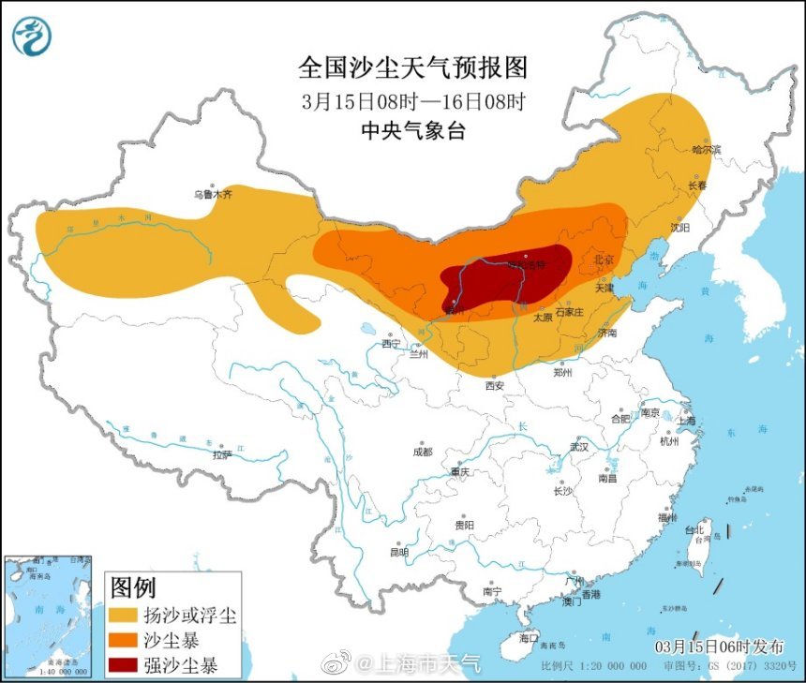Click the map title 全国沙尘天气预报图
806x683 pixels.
point(413,68)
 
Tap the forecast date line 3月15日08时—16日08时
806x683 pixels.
point(413,101)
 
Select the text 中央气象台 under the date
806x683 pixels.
point(413,132)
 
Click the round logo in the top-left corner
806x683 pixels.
point(32,35)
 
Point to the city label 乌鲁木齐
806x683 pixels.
point(212,195)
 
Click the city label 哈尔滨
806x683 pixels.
point(706,150)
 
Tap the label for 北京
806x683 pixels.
point(604,260)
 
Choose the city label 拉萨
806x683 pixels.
point(221,455)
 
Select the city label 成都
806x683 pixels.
point(423,452)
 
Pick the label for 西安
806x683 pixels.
point(495,385)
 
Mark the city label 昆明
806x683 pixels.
point(398,553)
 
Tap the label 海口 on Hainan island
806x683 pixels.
point(529,638)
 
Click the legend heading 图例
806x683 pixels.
point(132,588)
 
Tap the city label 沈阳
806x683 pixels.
point(679,228)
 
